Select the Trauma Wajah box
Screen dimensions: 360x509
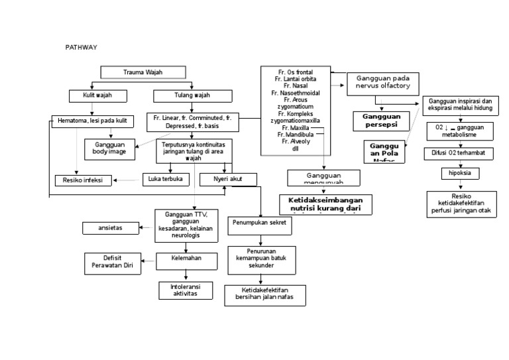[142, 72]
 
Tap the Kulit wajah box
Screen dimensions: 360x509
[98, 95]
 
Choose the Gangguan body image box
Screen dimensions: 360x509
[109, 148]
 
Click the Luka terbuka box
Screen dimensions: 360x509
[166, 179]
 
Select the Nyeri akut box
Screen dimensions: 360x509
[226, 179]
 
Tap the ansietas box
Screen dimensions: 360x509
[111, 228]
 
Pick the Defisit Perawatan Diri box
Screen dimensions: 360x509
[113, 263]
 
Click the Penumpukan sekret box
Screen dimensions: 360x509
[260, 223]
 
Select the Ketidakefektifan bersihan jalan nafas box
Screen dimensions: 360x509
[264, 294]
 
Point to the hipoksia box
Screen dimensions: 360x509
[460, 174]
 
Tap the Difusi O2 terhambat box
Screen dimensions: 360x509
[459, 153]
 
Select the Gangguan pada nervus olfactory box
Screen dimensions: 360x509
[383, 82]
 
